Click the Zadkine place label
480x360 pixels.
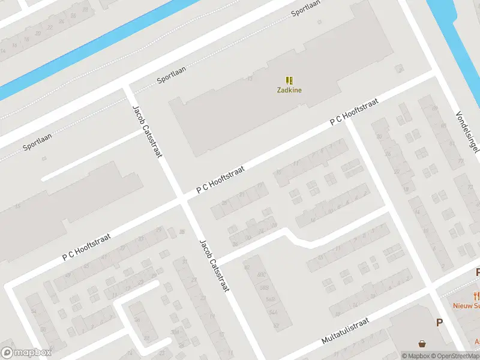289,91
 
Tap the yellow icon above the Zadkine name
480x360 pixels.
289,80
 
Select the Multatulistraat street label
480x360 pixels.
344,331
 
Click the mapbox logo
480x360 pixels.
26,352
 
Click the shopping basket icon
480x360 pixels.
424,344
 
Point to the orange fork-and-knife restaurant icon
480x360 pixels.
476,295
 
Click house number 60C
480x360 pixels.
261,275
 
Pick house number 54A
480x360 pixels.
273,312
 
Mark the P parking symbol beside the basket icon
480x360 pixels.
439,323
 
